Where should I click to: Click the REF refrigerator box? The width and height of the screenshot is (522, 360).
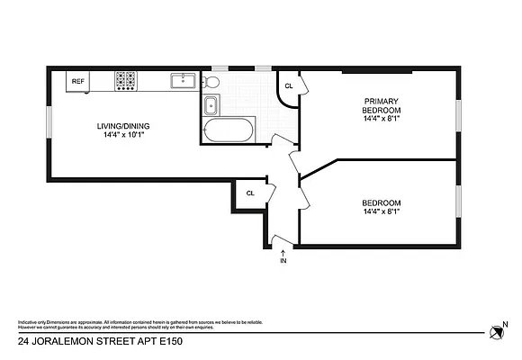tap(77, 81)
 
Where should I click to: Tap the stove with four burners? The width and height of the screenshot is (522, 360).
tap(125, 81)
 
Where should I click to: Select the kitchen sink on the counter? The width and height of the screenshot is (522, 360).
tap(184, 81)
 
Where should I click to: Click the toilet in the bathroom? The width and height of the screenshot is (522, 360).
tap(211, 82)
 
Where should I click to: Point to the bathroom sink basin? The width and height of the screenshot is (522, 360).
tap(211, 105)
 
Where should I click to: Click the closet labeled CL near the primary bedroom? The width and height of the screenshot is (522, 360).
tap(288, 86)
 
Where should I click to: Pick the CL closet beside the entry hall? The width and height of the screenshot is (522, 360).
tap(250, 193)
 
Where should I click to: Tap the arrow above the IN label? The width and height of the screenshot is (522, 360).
tap(283, 252)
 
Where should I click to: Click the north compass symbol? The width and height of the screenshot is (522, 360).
tap(495, 333)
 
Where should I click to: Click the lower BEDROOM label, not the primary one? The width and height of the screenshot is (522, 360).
tap(381, 202)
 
